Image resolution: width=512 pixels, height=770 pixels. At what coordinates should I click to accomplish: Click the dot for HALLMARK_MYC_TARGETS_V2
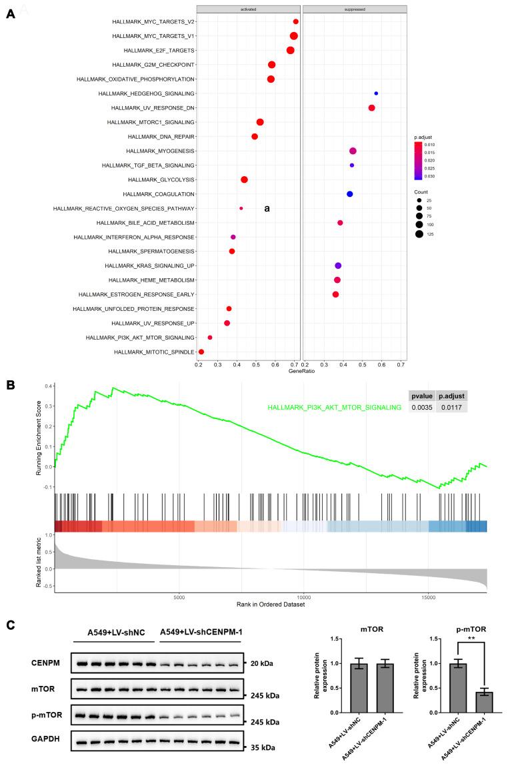(x=296, y=22)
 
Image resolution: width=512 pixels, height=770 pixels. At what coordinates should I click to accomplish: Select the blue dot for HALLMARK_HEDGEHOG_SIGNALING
(x=376, y=93)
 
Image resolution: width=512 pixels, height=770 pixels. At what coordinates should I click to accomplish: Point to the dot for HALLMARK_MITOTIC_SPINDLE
(x=201, y=352)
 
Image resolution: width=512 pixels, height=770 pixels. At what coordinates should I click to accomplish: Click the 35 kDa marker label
(x=263, y=742)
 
